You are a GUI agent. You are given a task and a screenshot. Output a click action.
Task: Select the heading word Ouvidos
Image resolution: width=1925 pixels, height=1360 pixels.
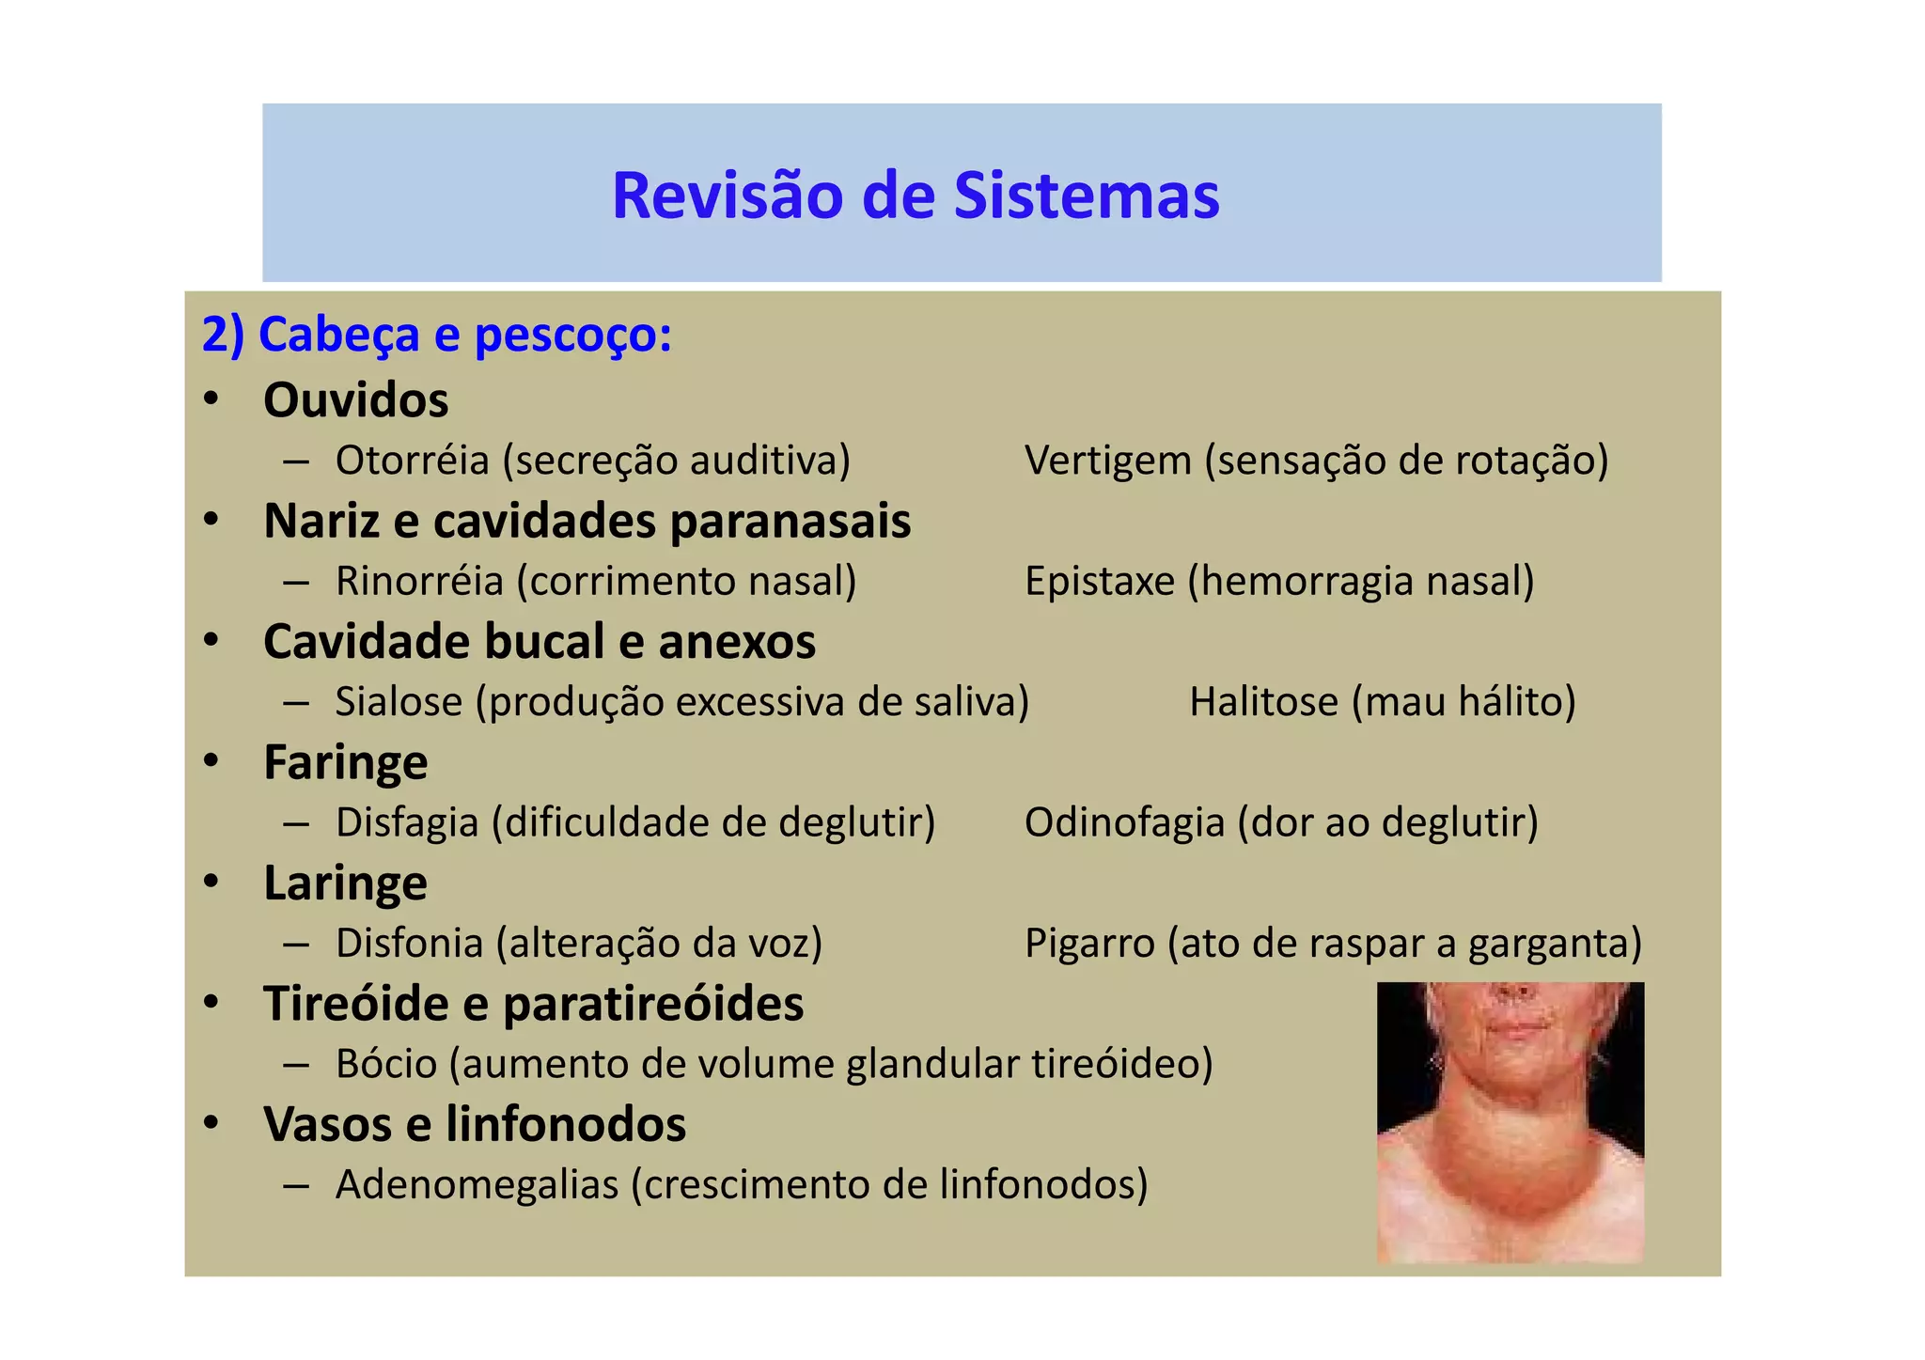(355, 399)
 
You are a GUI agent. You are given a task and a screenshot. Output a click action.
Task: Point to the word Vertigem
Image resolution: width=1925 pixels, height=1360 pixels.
(1107, 461)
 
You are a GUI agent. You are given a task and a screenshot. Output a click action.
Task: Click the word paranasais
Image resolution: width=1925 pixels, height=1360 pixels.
(790, 521)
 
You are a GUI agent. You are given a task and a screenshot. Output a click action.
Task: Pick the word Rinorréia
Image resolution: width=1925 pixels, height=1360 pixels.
(419, 581)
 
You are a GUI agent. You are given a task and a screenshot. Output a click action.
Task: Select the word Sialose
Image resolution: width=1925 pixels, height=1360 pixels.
(399, 702)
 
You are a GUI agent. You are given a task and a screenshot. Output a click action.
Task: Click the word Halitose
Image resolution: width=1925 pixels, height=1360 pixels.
(1263, 702)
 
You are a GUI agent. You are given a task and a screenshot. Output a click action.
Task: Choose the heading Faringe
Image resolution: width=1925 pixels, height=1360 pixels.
(345, 762)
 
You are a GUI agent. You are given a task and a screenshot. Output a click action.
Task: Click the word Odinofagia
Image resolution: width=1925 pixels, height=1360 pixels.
(1124, 822)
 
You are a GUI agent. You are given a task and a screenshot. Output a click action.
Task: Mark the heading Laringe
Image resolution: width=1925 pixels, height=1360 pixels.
(345, 883)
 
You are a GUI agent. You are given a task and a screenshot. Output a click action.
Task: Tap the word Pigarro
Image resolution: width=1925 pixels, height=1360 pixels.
(1088, 943)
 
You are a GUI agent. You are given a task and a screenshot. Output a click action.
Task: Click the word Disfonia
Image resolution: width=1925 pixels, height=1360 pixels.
(409, 943)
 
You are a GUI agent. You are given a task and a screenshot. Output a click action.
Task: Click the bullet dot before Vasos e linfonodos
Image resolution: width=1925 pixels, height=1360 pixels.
(211, 1122)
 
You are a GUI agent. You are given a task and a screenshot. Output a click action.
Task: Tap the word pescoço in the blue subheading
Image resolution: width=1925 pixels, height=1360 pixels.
(572, 336)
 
